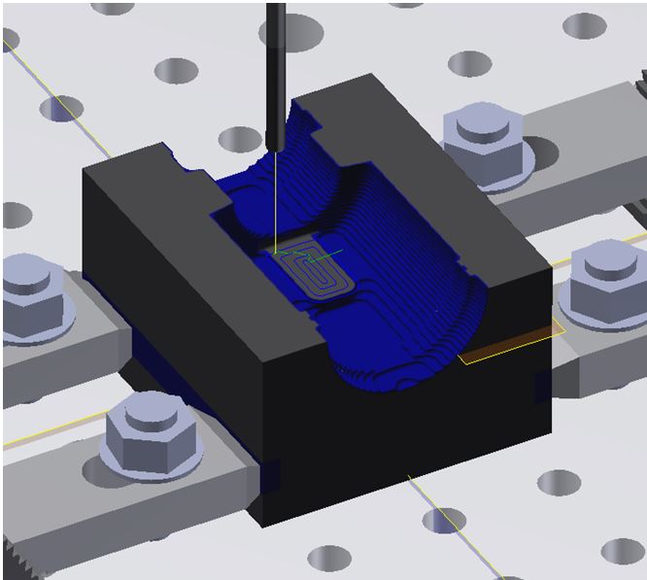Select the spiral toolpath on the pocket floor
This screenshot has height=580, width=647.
tap(316, 277)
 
